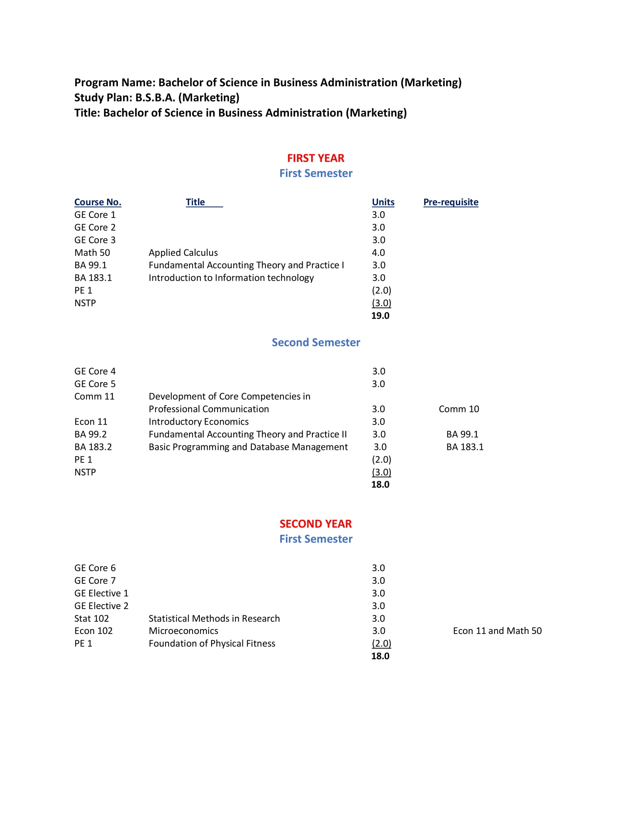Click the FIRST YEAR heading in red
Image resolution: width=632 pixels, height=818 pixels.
[315, 158]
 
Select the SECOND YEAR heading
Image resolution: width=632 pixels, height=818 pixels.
[315, 524]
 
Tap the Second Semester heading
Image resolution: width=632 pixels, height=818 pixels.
[316, 342]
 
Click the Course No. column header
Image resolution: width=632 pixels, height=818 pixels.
[98, 202]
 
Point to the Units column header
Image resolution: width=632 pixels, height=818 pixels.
[383, 202]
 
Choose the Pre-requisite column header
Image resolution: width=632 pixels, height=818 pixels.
[451, 202]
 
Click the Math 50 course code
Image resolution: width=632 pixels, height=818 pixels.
[92, 253]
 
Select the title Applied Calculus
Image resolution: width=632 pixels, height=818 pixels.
[183, 253]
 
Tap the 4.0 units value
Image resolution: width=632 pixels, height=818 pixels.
[378, 253]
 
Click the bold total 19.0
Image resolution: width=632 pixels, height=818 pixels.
[380, 316]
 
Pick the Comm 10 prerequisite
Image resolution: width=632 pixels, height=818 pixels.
[459, 409]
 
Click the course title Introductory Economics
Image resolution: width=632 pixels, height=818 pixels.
[199, 422]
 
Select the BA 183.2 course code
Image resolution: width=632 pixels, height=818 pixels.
[93, 447]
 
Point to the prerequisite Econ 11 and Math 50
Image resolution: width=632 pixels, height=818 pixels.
[497, 631]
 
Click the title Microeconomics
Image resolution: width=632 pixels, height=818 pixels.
[183, 631]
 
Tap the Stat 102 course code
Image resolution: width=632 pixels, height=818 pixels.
[91, 618]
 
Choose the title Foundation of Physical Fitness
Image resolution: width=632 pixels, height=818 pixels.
[212, 644]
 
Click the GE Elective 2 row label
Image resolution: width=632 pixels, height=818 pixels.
[101, 606]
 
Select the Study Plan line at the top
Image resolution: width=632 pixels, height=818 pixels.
[157, 98]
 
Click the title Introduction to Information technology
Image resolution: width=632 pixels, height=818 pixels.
[231, 278]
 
